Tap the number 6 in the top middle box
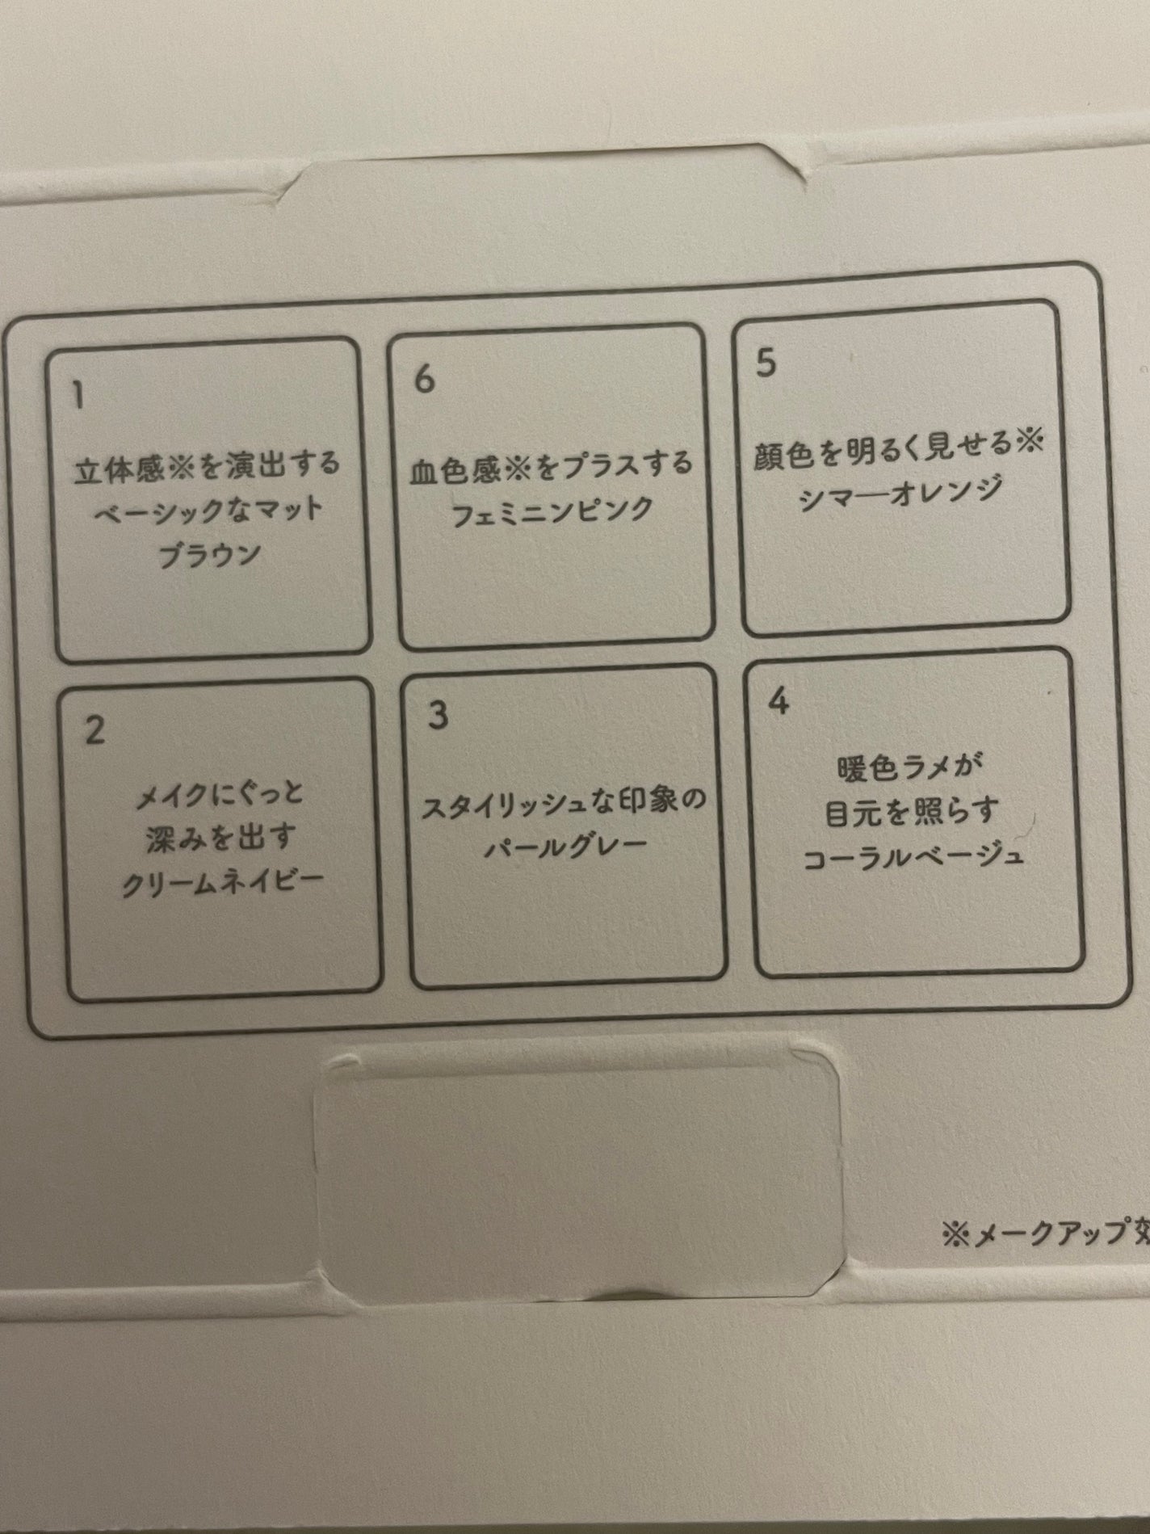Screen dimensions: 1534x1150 click(x=424, y=378)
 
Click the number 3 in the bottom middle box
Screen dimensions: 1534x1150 click(x=437, y=715)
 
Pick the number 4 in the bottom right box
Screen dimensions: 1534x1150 click(x=779, y=701)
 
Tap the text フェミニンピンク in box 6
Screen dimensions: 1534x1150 click(x=552, y=511)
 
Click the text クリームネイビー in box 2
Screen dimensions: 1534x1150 click(x=223, y=885)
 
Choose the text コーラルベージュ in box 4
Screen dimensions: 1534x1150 click(x=913, y=855)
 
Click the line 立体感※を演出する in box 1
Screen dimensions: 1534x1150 click(x=207, y=467)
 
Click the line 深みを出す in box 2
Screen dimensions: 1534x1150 click(x=220, y=838)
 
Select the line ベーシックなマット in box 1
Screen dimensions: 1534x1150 click(x=208, y=511)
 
